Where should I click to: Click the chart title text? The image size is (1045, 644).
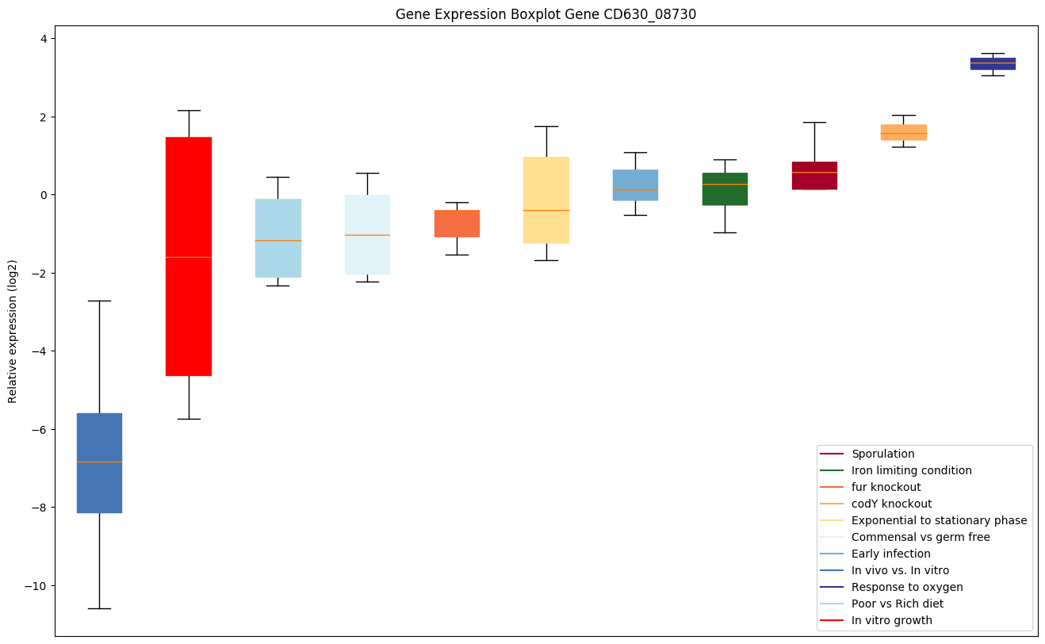tap(545, 14)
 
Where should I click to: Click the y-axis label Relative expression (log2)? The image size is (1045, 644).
tap(13, 331)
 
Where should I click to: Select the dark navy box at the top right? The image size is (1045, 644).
tap(992, 63)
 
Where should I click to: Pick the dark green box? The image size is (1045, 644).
tap(725, 189)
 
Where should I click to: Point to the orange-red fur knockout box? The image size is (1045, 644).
tap(457, 224)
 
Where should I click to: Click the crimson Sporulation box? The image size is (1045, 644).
tap(814, 175)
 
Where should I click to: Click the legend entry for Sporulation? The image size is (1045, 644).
tap(882, 454)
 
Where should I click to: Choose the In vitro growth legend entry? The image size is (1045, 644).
tap(891, 621)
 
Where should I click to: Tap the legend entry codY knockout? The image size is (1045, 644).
tap(891, 504)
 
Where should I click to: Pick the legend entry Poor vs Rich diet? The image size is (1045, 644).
tap(898, 604)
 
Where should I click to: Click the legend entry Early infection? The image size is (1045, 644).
tap(890, 554)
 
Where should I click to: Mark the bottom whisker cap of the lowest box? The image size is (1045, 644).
tap(99, 608)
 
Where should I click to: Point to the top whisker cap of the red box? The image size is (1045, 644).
tap(189, 110)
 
